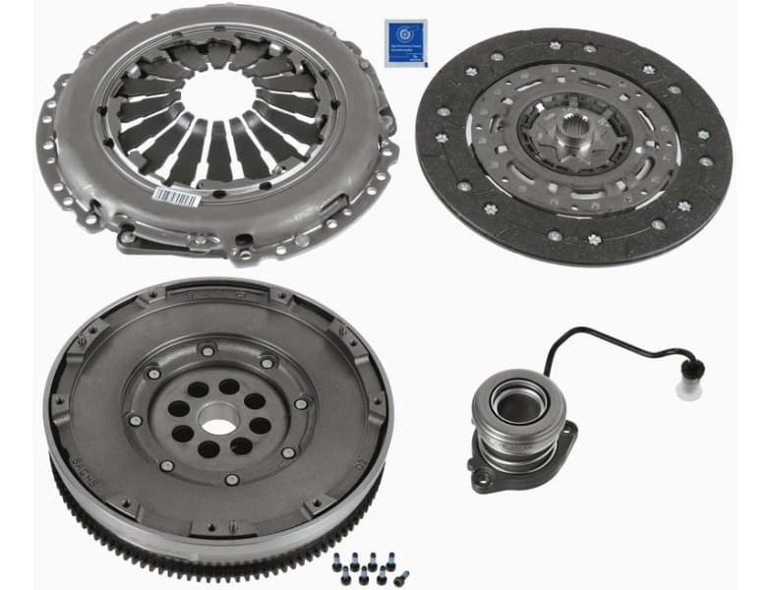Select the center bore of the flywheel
coord(218,425)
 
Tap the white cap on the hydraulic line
coord(688,388)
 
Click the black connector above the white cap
coord(693,370)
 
